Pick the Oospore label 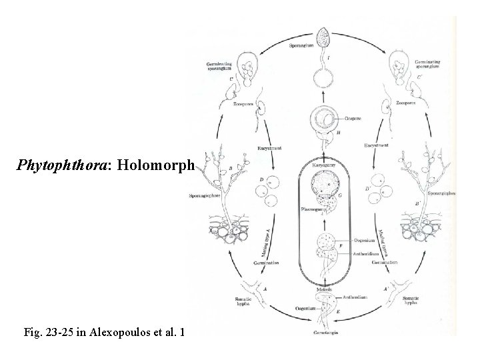point(354,119)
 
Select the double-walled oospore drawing point(325,121)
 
